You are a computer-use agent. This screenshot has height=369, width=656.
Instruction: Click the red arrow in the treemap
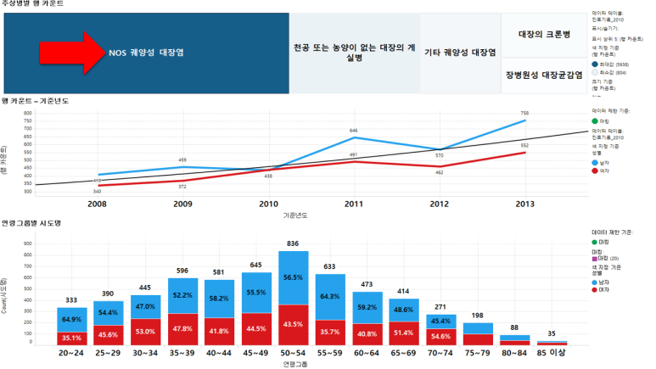(x=71, y=53)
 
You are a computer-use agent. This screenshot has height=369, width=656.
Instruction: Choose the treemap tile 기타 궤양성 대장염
(x=459, y=53)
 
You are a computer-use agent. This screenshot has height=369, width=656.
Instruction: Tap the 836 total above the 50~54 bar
(x=293, y=243)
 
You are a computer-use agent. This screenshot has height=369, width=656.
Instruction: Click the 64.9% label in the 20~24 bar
(x=72, y=320)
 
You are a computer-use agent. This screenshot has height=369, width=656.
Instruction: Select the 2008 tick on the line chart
(x=98, y=204)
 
